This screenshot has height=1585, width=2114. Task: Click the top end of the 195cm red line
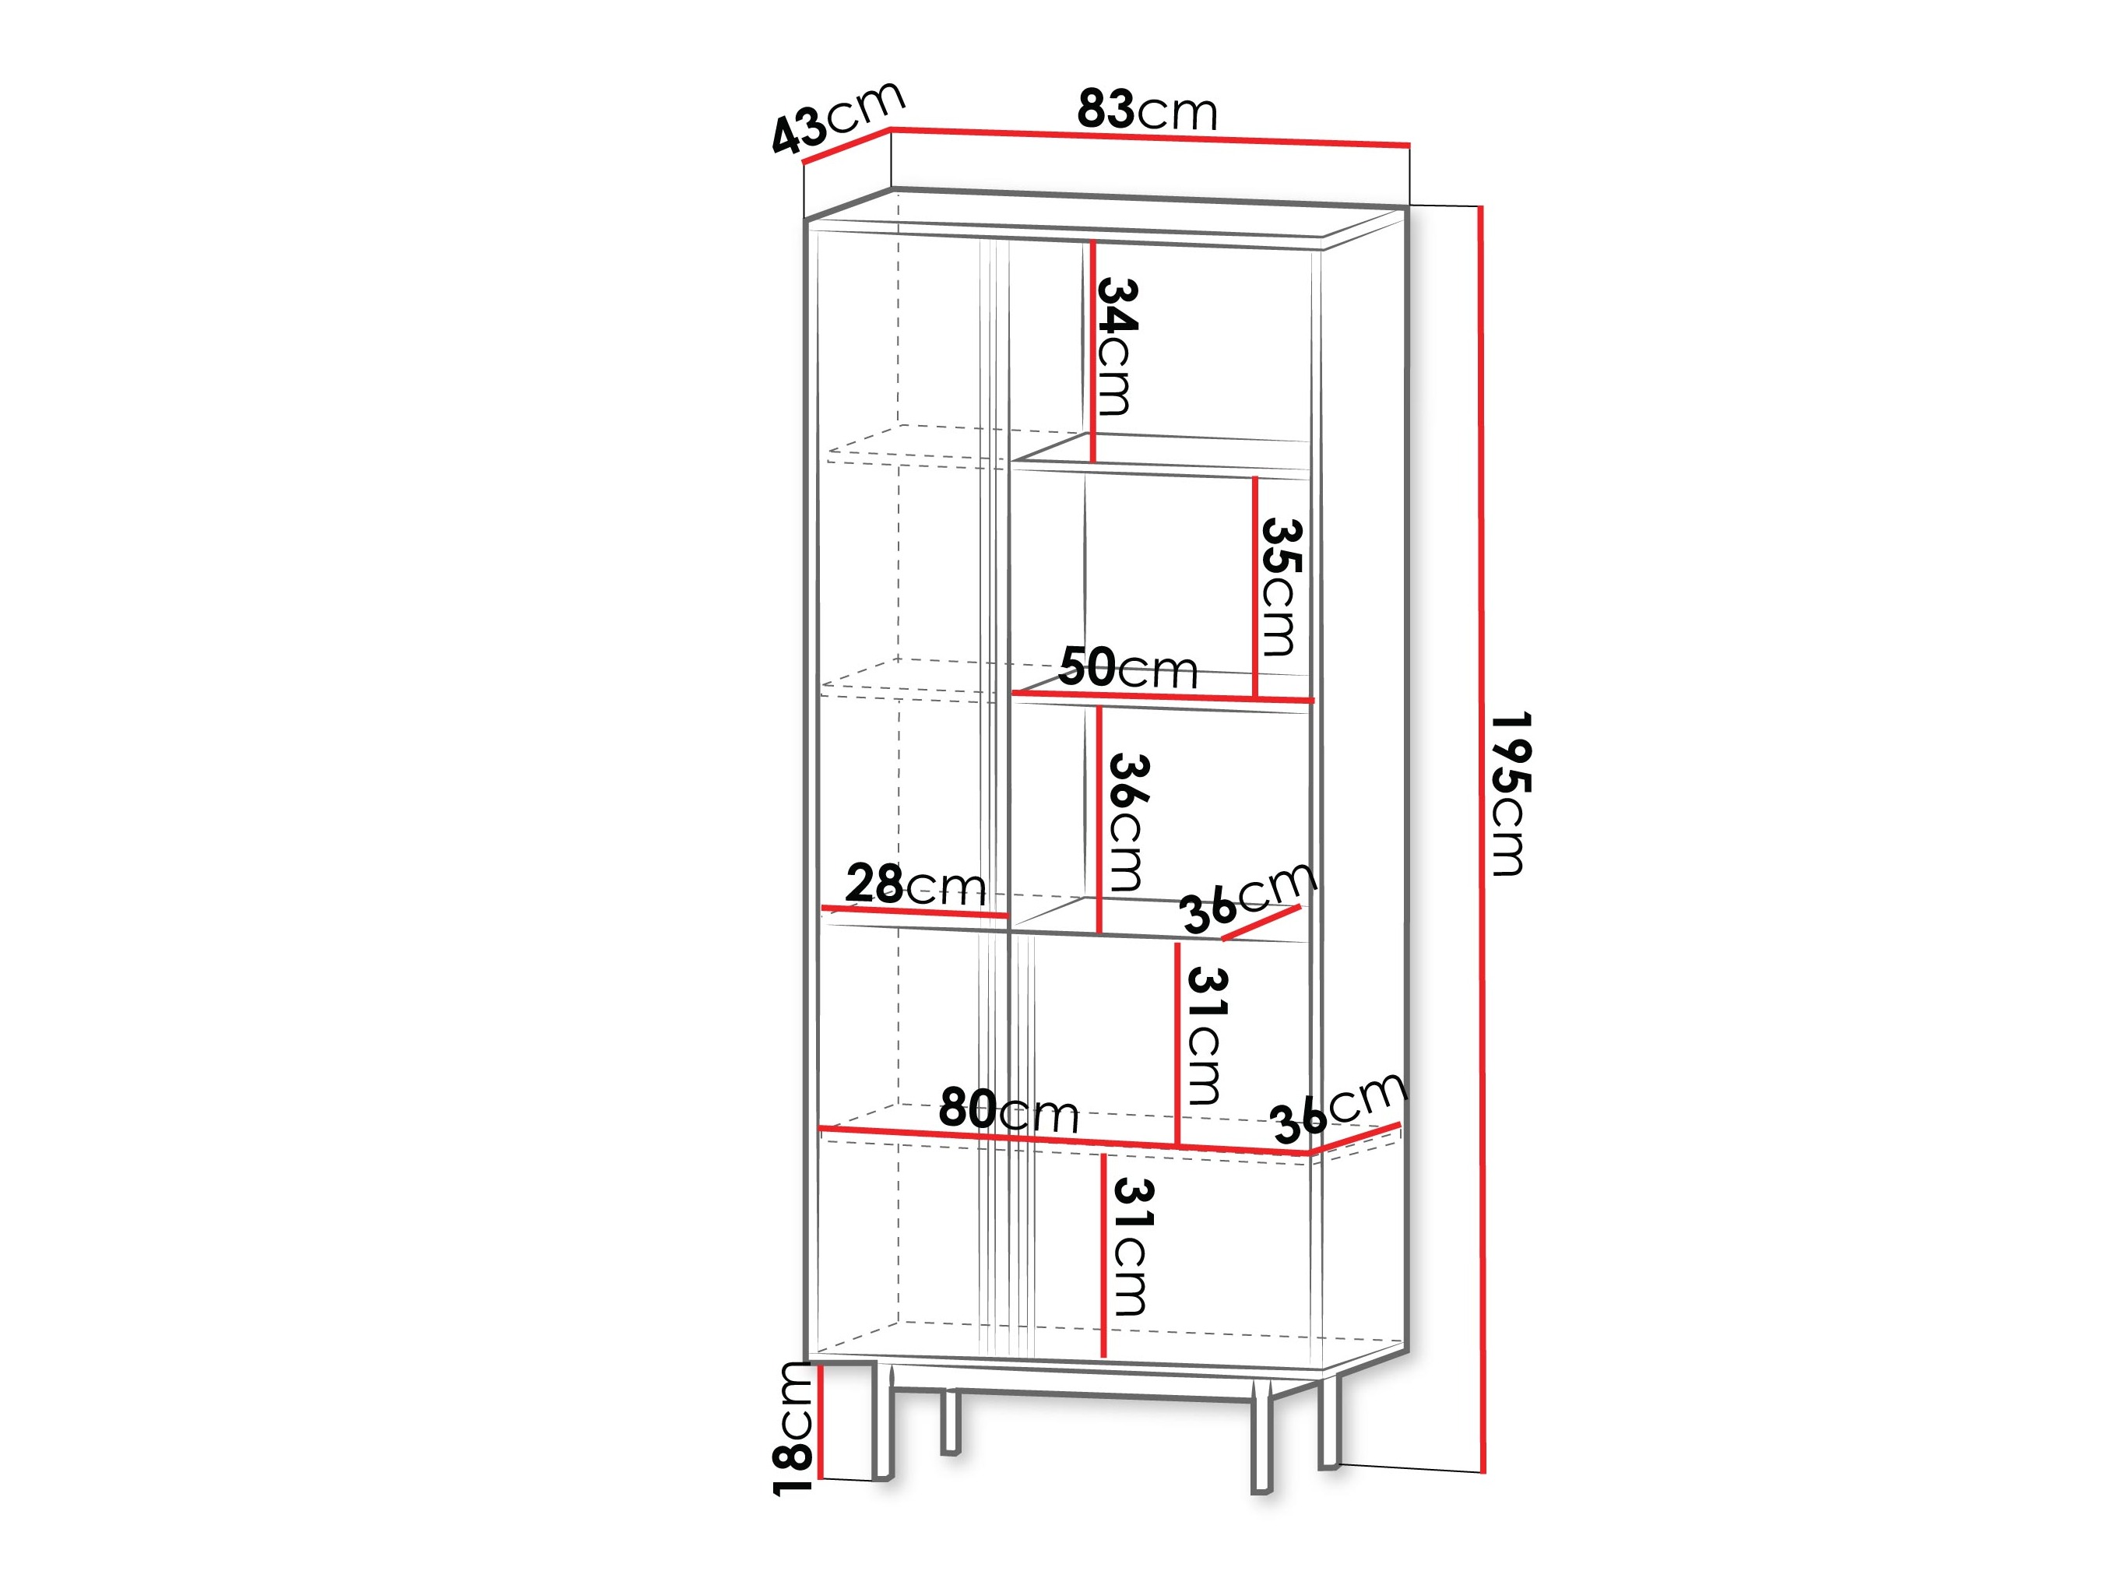point(1481,206)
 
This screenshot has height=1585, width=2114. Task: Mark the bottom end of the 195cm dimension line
point(1483,1472)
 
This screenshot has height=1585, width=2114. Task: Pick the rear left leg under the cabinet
point(950,1421)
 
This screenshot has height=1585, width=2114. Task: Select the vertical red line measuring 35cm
point(1255,588)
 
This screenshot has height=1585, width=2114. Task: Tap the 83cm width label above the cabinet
point(1147,110)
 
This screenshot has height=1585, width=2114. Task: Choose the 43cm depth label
point(837,118)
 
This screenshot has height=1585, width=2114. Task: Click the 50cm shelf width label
point(1127,667)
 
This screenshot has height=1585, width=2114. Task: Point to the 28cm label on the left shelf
point(916,884)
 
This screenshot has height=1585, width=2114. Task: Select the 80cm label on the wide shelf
point(1008,1109)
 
